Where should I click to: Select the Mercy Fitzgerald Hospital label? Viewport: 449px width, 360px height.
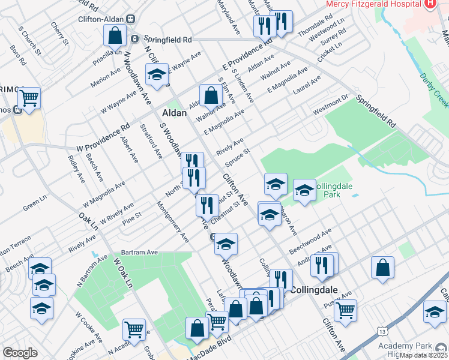372,4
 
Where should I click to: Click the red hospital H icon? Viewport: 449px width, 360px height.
429,4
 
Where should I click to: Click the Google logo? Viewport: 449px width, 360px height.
20,353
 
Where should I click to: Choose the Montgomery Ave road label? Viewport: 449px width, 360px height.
172,221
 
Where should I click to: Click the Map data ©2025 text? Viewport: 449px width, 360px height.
424,355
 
